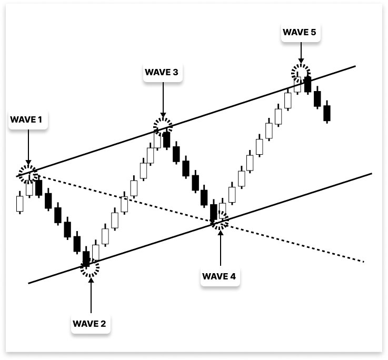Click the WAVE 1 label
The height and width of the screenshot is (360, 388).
[26, 119]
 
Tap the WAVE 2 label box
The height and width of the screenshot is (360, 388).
[89, 323]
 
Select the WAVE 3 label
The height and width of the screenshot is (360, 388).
[161, 72]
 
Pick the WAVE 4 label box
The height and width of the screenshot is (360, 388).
[220, 276]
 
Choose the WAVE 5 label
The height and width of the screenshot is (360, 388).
[300, 33]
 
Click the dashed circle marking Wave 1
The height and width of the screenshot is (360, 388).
[28, 173]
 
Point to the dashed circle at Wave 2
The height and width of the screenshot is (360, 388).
[89, 268]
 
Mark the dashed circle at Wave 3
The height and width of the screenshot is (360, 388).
[163, 126]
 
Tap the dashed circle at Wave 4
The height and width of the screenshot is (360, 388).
[220, 221]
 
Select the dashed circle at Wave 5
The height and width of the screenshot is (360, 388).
[301, 73]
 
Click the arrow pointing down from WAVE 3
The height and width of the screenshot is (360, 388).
[163, 100]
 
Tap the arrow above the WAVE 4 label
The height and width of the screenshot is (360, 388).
[221, 247]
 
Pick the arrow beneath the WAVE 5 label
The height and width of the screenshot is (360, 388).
[301, 53]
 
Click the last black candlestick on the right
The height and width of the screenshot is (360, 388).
[326, 113]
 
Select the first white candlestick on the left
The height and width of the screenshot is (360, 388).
[20, 203]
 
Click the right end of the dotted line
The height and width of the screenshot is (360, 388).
[363, 261]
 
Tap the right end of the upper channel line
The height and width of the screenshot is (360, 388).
[355, 66]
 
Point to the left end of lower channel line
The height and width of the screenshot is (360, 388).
[29, 283]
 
